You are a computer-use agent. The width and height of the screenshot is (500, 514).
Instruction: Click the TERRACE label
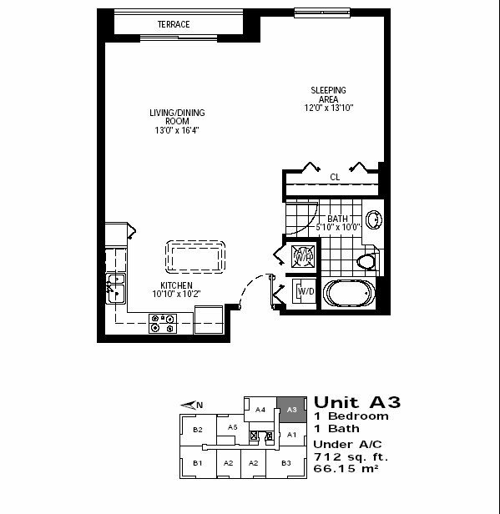point(174,24)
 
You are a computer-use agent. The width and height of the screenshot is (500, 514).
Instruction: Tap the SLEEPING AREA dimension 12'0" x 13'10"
point(329,108)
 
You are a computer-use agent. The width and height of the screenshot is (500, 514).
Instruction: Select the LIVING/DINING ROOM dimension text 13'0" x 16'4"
point(177,130)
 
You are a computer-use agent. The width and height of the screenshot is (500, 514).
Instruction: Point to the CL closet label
point(335,177)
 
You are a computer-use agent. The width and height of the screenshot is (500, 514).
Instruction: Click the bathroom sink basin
point(374,219)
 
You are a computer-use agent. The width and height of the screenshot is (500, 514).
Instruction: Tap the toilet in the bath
point(366,261)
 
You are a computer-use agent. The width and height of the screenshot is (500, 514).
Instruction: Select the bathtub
point(349,293)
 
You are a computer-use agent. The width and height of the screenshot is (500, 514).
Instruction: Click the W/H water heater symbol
point(303,256)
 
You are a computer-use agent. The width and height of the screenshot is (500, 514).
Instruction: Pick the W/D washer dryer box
point(304,291)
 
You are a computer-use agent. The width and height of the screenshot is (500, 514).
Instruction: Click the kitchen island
point(195,257)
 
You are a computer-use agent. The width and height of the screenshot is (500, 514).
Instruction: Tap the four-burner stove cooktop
point(163,324)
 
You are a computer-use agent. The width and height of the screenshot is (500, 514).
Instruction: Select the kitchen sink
point(116,289)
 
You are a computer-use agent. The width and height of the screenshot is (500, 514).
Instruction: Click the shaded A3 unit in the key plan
point(292,410)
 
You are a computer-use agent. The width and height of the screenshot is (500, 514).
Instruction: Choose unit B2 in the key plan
point(198,430)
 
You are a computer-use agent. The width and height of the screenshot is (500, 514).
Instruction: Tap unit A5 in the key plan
point(232,427)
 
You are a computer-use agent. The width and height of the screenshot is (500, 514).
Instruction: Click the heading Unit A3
point(357,402)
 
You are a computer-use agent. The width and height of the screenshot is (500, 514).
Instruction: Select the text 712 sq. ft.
point(351,456)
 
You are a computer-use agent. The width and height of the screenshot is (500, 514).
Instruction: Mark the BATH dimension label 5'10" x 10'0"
point(338,227)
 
